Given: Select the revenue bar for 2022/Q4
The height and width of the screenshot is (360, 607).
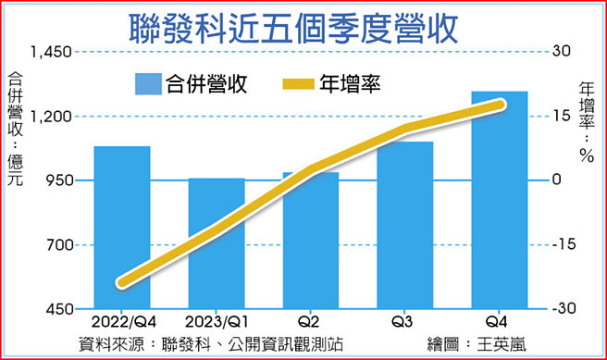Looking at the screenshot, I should [x=122, y=227].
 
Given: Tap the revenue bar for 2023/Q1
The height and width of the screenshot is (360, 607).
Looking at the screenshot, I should [x=217, y=242].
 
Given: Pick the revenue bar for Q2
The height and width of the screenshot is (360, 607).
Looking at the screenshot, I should [x=311, y=240].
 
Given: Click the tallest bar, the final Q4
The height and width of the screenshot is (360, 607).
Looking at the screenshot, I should [x=500, y=199].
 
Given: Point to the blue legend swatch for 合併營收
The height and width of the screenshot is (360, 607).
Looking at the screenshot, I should [x=147, y=85].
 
